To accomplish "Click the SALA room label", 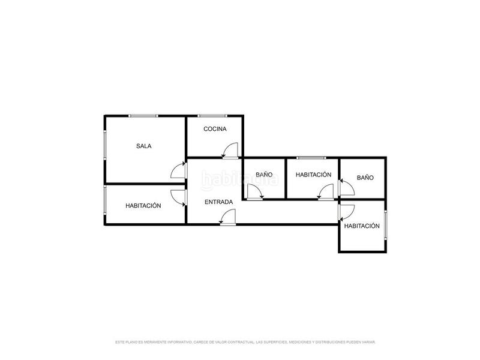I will tap(143, 146).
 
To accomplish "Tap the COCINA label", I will tap(214, 129).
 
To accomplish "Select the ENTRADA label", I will tap(218, 202).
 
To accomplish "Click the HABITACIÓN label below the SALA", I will tap(143, 205).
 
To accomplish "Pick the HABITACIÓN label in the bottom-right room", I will tap(362, 226).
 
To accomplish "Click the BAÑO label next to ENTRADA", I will tap(264, 175).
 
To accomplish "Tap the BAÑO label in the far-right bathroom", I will tap(365, 178).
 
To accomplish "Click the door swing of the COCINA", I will tap(230, 151).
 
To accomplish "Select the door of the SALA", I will tap(179, 170).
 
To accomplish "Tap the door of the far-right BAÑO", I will tap(346, 188).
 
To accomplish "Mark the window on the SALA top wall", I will tap(143, 115).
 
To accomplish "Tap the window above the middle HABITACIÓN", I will tap(312, 158).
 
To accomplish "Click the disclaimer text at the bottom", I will tap(245, 342).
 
